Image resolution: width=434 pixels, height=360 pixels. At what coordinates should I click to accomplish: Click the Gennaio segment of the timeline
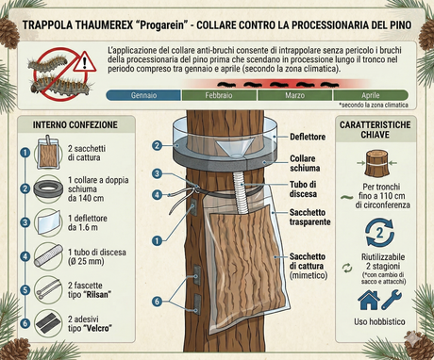(x=144, y=95)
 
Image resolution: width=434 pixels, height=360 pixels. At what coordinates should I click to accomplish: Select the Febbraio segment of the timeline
(x=219, y=95)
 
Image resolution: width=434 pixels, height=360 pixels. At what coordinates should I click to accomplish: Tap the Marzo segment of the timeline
(x=295, y=95)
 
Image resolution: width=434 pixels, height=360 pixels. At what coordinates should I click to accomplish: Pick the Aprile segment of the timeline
(x=370, y=95)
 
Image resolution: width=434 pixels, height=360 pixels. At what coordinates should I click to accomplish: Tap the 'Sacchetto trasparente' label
(x=299, y=220)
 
